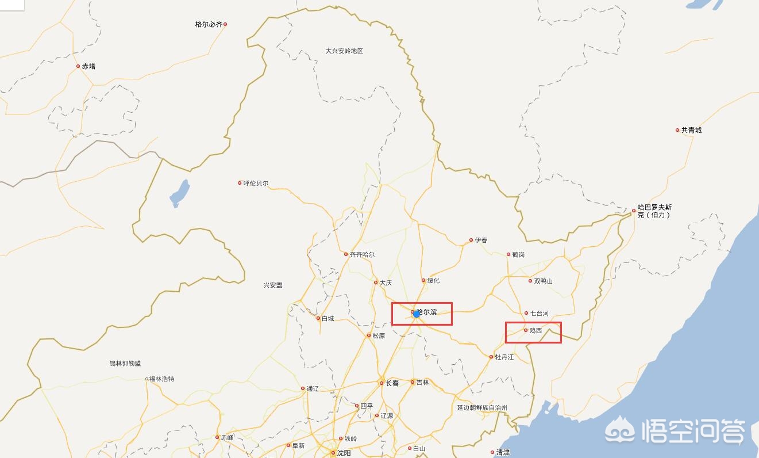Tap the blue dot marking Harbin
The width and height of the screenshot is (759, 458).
pos(417,314)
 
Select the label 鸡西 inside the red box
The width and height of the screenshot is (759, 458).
pos(535,331)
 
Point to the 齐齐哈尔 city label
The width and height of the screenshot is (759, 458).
pos(362,254)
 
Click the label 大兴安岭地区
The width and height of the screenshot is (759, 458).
pos(344,51)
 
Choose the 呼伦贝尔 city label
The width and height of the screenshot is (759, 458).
pos(256,184)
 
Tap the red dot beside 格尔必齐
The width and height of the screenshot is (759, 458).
pos(225,24)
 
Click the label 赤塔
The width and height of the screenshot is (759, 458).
pos(88,67)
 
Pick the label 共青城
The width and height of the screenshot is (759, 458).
pos(691,131)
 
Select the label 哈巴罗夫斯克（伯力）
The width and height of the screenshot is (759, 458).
pos(654,211)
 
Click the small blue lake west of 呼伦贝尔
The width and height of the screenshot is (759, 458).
pos(179,193)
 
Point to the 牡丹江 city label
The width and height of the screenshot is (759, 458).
pos(504,357)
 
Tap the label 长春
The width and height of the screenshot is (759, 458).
pos(391,383)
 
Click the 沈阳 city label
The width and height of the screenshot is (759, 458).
pos(344,453)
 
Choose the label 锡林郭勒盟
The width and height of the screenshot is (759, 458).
pos(125,364)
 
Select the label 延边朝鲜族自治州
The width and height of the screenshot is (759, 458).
pos(482,408)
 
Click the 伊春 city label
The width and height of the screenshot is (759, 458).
pos(481,241)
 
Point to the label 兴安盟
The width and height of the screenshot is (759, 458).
pos(273,285)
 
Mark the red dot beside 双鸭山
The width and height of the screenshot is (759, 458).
pos(530,281)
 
